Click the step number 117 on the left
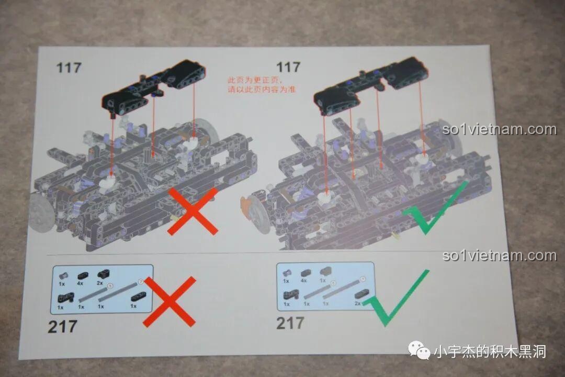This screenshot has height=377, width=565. pyautogui.click(x=69, y=68)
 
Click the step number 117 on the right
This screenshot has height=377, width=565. pyautogui.click(x=288, y=67)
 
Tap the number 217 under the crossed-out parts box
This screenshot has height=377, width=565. pyautogui.click(x=62, y=327)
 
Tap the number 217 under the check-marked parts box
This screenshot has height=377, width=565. pyautogui.click(x=290, y=323)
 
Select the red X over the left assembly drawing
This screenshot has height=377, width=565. pyautogui.click(x=193, y=211)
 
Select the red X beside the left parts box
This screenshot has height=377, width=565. pyautogui.click(x=169, y=301)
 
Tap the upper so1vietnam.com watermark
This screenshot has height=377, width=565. pyautogui.click(x=499, y=129)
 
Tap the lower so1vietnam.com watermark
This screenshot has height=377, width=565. pyautogui.click(x=499, y=256)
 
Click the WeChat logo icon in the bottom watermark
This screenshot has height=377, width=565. pyautogui.click(x=419, y=350)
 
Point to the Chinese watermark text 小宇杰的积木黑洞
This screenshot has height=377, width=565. pyautogui.click(x=490, y=351)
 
